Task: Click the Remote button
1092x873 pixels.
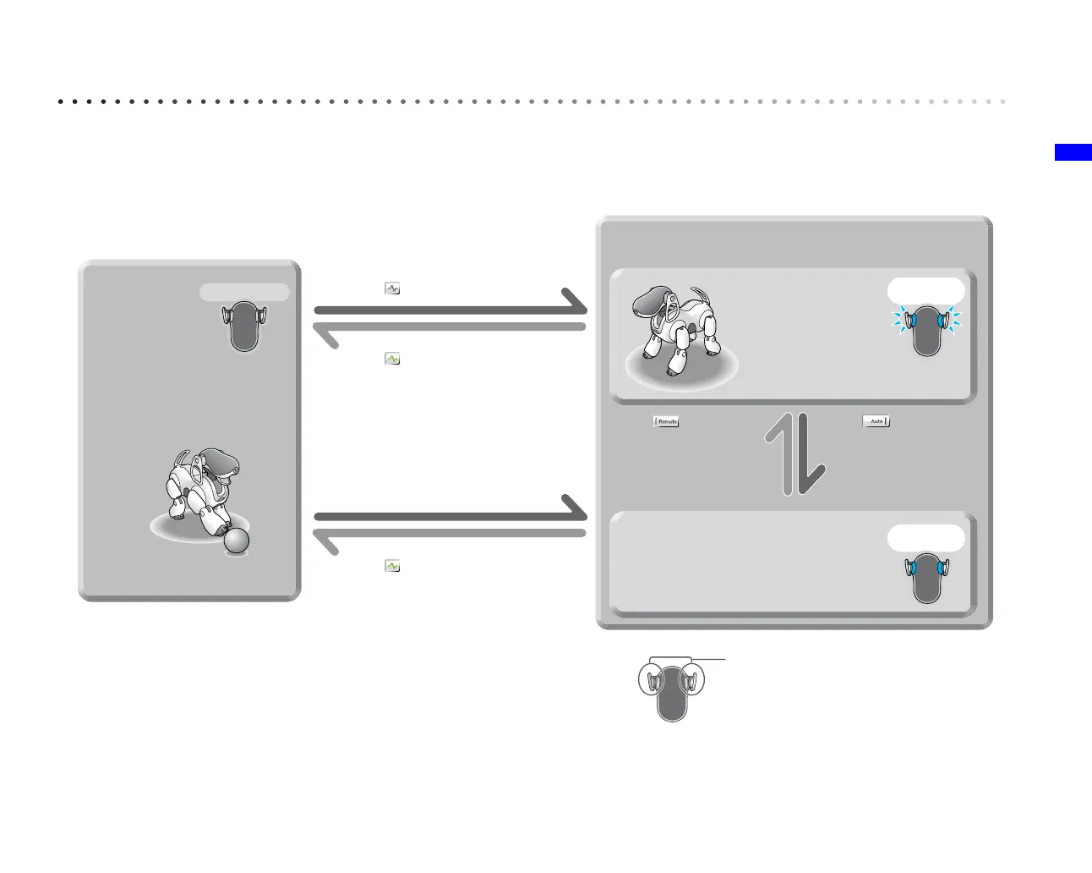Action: coord(667,421)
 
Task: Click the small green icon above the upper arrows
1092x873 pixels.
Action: coord(392,288)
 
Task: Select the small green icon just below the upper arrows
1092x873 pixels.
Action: coord(392,359)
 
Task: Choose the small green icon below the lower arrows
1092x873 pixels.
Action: coord(392,566)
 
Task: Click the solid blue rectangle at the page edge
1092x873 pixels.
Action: coord(1073,152)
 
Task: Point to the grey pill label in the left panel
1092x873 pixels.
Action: coord(244,293)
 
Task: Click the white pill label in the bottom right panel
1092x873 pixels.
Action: coord(925,537)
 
